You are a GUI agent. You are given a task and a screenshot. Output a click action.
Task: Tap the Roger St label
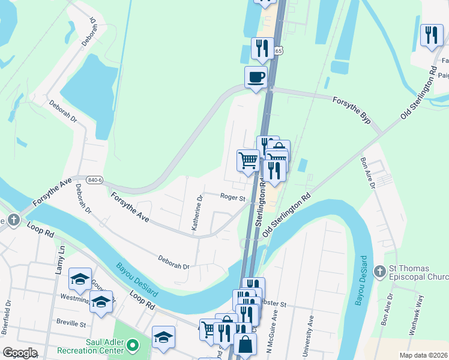click(233, 197)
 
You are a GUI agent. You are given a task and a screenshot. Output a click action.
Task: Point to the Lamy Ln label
click(59, 263)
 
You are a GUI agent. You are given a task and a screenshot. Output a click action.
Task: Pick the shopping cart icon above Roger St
click(248, 160)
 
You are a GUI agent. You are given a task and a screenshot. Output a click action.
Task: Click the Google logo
click(20, 353)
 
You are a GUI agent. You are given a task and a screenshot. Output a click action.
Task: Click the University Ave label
click(311, 329)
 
